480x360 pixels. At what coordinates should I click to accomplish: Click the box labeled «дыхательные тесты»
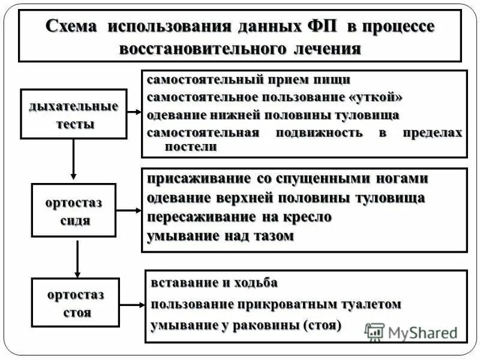point(74,114)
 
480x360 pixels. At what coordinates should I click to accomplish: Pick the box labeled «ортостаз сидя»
point(73,211)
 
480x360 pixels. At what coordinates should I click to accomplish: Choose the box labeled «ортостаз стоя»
point(75,302)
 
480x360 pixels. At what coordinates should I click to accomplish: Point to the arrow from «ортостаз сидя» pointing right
point(129,211)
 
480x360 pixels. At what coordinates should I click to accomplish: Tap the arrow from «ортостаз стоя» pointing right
point(132,303)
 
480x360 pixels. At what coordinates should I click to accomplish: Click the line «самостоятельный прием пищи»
point(248,80)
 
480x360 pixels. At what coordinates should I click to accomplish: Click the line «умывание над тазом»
point(220,236)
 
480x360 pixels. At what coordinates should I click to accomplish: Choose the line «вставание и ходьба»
point(214,282)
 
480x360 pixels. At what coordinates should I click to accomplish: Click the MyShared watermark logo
point(410,332)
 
